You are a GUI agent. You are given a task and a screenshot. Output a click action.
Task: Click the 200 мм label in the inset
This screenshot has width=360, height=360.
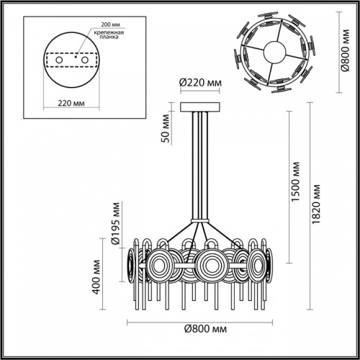pos(99,24)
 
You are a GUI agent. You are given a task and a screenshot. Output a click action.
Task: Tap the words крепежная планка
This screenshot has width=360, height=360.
pos(104,37)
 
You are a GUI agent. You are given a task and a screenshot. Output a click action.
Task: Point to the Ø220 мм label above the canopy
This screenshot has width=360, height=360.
pos(200,83)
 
